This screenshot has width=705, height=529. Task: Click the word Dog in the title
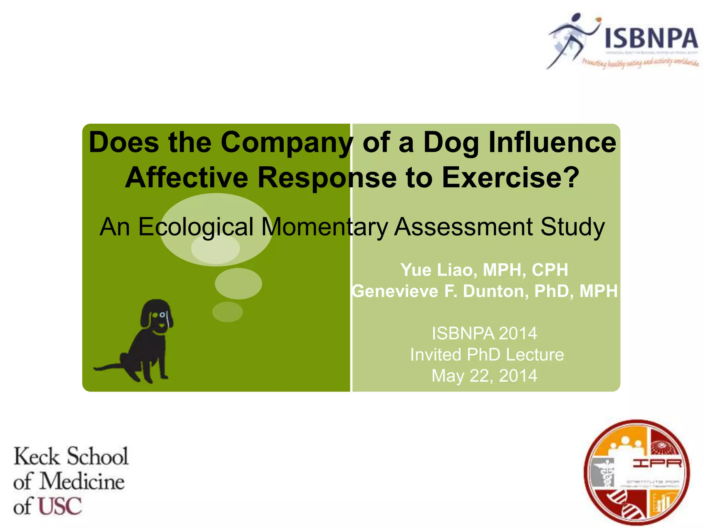(x=451, y=143)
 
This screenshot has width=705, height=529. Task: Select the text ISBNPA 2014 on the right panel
(x=484, y=333)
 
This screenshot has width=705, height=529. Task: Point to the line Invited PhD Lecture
(x=487, y=355)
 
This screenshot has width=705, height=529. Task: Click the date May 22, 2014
(x=484, y=376)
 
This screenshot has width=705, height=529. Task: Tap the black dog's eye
(x=162, y=315)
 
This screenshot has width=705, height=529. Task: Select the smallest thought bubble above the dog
(x=228, y=312)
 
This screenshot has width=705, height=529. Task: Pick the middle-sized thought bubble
(x=238, y=283)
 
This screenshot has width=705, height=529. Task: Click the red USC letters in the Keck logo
(x=60, y=506)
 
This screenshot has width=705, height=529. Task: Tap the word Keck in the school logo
(x=36, y=457)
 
